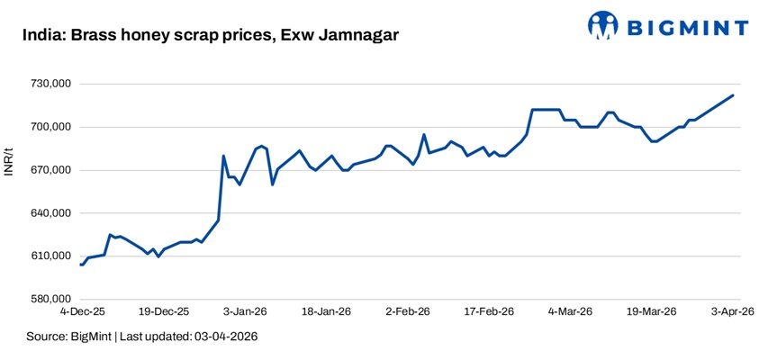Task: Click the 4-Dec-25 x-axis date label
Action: [82, 312]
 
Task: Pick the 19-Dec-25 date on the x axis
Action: [164, 312]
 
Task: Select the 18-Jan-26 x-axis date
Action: [326, 312]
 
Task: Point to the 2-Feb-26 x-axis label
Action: [408, 312]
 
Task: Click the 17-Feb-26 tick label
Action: [488, 312]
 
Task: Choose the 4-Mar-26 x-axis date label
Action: [570, 312]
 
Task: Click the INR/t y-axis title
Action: [8, 160]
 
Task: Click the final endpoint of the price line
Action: [733, 95]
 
